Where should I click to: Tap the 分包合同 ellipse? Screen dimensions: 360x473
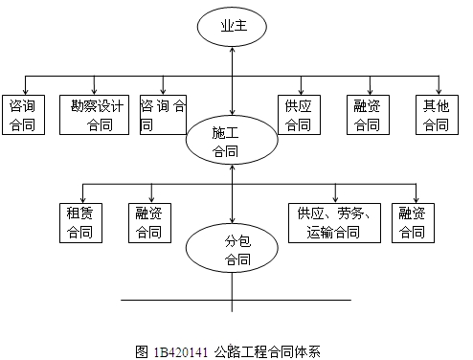[x=231, y=248]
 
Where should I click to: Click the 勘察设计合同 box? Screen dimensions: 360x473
[x=96, y=114]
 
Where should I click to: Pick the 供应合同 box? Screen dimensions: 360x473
[x=298, y=114]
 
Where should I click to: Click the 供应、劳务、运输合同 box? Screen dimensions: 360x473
[x=335, y=222]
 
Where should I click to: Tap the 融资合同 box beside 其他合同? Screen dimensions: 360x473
[x=367, y=114]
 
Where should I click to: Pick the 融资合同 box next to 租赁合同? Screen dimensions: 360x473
[x=148, y=222]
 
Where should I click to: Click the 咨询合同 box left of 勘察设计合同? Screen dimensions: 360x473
[x=21, y=114]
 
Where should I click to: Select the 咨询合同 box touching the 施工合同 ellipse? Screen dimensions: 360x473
[x=163, y=114]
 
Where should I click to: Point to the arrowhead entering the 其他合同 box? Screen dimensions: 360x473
[x=436, y=91]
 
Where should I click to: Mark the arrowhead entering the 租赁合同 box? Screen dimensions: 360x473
[x=84, y=198]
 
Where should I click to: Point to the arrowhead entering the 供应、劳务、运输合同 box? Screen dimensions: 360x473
[x=335, y=198]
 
